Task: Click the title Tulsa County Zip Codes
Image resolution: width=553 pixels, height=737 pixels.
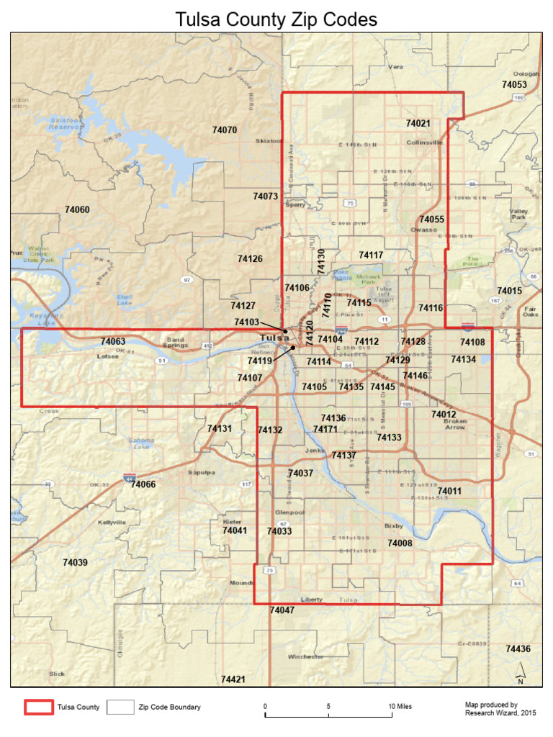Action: (276, 19)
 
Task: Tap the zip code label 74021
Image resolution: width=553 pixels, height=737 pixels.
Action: (418, 123)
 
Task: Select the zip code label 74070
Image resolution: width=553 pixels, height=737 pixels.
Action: (225, 130)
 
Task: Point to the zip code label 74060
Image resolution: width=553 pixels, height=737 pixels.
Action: (77, 209)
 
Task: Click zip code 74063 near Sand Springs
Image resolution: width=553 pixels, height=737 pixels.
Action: (113, 341)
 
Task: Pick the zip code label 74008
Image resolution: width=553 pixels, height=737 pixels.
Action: (400, 543)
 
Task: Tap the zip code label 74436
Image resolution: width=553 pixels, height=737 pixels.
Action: (518, 648)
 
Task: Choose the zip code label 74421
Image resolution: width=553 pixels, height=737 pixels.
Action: (233, 679)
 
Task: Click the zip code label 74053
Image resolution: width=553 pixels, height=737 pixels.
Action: (514, 84)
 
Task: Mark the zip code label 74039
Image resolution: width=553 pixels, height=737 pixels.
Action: (75, 562)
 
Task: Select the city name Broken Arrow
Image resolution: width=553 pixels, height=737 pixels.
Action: (455, 424)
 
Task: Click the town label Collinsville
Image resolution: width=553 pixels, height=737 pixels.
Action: (425, 143)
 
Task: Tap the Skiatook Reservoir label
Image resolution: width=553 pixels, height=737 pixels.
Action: (65, 123)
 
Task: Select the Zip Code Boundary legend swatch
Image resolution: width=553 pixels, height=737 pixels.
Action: (120, 707)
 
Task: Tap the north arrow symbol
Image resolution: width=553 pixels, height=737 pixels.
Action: (521, 674)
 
